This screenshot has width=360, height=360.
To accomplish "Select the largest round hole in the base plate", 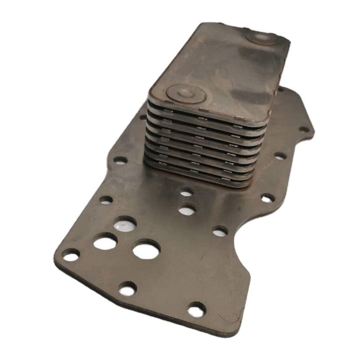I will click(x=147, y=249).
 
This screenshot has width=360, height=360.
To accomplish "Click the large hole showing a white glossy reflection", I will click(x=125, y=224).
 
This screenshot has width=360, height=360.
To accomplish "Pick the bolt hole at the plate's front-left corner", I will click(x=71, y=255).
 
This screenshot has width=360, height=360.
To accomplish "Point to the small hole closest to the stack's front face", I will click(x=186, y=192).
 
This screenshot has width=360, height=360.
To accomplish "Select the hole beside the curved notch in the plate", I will click(x=220, y=231).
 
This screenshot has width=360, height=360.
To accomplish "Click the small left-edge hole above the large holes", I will click(x=106, y=200).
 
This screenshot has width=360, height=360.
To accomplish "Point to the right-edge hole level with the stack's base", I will click(x=267, y=198).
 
